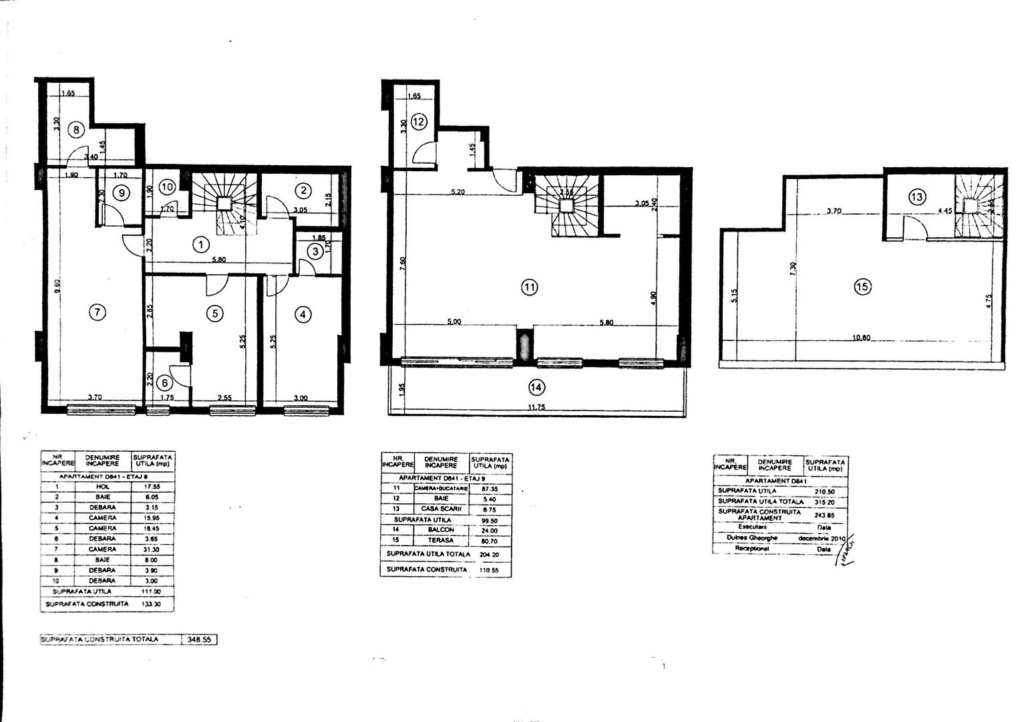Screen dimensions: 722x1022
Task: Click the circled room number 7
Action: (98, 312)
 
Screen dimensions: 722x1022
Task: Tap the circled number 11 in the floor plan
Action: (529, 288)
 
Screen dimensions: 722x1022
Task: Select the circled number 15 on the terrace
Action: (862, 287)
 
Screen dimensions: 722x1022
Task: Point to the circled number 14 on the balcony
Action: (536, 386)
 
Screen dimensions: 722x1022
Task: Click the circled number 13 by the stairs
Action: (917, 197)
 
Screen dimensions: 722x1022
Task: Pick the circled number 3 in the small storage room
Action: (314, 252)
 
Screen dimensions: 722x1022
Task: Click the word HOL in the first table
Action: (102, 486)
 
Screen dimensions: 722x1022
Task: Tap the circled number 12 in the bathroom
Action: (419, 122)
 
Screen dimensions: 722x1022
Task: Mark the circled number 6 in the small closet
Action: (164, 383)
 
